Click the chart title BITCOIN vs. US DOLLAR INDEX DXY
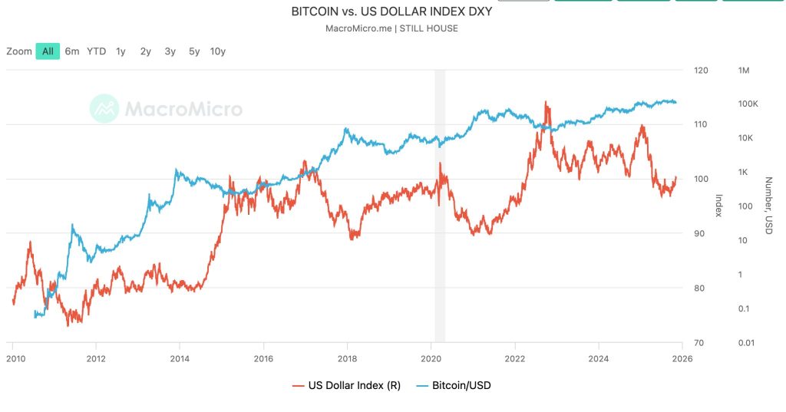391,12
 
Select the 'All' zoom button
48,51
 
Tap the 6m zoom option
72,51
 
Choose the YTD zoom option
97,51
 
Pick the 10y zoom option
218,51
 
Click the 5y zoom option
194,51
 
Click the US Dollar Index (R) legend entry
345,385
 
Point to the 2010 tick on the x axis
13,358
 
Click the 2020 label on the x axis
431,358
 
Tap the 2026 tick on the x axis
682,358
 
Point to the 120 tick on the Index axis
700,70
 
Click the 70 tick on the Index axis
698,342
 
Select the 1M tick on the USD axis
743,70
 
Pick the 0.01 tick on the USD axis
746,342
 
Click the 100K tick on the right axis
748,104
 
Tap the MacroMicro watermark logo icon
104,109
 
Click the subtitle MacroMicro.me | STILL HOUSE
391,29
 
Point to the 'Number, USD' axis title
768,206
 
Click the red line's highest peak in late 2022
546,101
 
